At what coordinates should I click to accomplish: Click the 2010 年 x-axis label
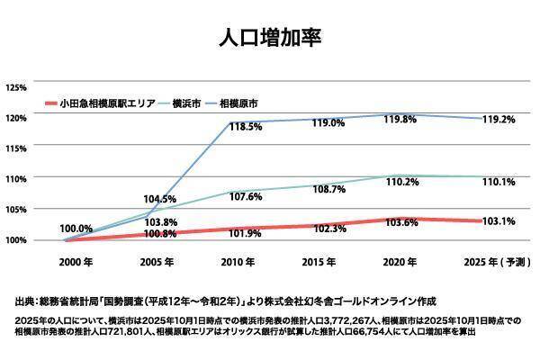[x=240, y=262]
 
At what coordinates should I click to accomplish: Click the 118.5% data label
[x=245, y=128]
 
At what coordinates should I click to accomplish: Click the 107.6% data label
[x=244, y=195]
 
